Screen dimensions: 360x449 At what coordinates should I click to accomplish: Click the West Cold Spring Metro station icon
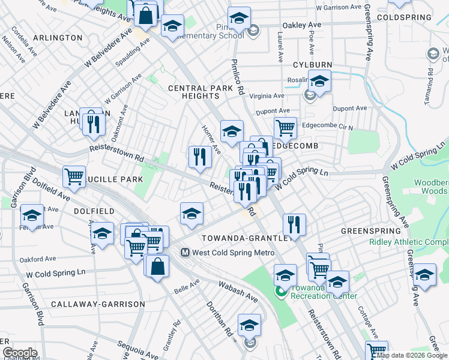click(x=185, y=253)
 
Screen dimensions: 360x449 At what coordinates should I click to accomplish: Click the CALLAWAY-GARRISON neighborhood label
click(x=98, y=304)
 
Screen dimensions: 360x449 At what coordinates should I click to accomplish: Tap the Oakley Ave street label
click(x=303, y=25)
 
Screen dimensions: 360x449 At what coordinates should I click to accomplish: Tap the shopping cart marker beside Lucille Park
click(x=74, y=176)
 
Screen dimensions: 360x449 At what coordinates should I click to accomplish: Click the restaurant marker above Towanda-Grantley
click(x=294, y=224)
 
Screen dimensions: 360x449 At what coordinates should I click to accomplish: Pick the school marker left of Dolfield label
click(x=31, y=215)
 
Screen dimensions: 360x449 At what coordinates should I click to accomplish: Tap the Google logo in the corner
click(x=20, y=353)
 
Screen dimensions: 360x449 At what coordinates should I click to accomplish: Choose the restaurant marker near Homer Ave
click(x=200, y=157)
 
